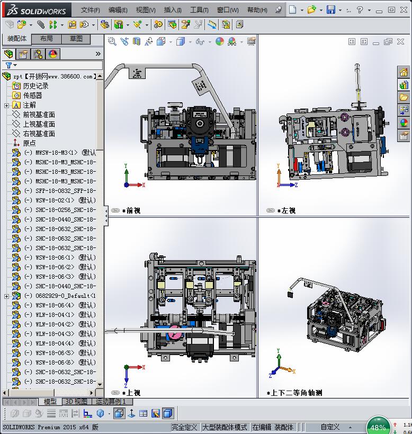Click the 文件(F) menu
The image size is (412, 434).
pos(90,10)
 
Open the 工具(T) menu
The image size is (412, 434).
pos(199,10)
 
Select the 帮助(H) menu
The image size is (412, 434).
pos(257,10)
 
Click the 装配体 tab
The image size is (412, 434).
pos(16,39)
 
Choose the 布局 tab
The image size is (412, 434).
pos(47,39)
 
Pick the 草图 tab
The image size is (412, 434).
pos(76,39)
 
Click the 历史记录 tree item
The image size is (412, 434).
pos(35,86)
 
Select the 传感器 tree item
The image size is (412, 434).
pos(32,95)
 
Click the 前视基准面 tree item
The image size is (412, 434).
pos(39,114)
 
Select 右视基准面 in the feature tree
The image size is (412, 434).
pos(39,134)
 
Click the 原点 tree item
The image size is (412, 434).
pos(29,143)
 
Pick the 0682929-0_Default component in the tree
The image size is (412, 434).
pos(59,296)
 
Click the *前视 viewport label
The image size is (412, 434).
pos(131,210)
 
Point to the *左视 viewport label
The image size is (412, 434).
pos(286,210)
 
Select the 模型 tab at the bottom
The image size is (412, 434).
pos(50,402)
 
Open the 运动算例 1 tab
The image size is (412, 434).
pos(110,402)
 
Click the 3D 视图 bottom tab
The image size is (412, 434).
pos(76,402)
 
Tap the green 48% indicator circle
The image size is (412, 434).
pos(378,427)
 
